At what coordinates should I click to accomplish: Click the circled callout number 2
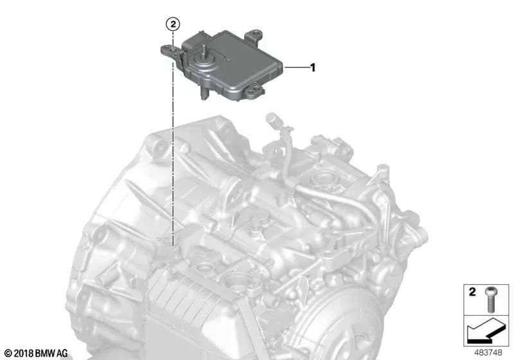(173, 24)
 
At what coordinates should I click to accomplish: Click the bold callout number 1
(313, 67)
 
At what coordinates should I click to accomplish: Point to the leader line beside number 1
(296, 67)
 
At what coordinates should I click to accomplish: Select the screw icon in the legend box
(490, 300)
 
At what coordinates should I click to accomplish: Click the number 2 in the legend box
(472, 292)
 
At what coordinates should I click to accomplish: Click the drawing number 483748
(488, 352)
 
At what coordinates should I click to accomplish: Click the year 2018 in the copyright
(24, 354)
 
